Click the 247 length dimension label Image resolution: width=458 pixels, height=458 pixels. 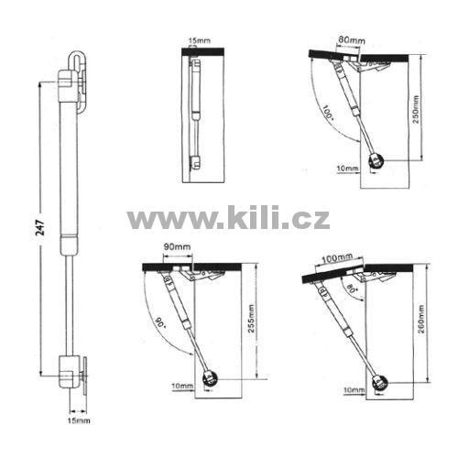(40, 227)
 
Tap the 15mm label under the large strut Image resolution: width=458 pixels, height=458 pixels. (79, 420)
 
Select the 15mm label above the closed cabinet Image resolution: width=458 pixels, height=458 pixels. (199, 40)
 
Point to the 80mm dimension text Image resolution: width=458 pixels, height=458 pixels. (352, 40)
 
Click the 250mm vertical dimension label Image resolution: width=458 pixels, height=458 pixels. (416, 109)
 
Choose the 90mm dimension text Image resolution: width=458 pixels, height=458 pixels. (177, 246)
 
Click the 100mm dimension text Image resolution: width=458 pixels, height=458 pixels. (337, 257)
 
